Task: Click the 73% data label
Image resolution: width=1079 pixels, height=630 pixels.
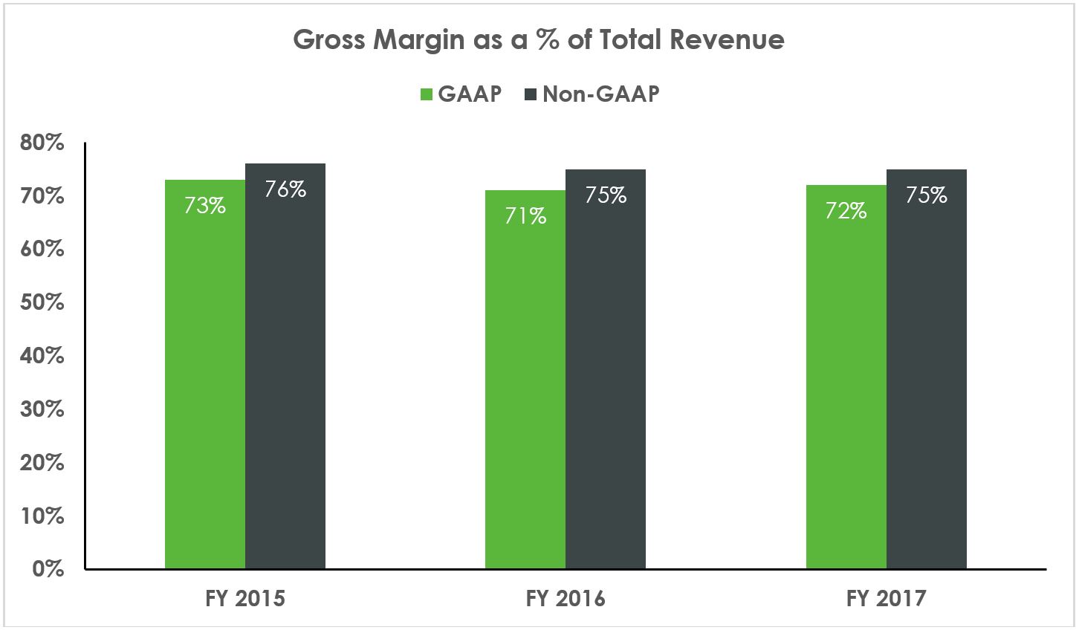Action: coord(205,206)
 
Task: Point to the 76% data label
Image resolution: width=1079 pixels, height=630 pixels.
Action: coord(285,189)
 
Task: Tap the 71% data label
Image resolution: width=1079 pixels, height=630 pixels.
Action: coord(525,216)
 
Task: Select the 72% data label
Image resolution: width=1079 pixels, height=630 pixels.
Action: coord(846,211)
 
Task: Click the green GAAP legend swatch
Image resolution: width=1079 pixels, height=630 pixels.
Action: coord(427,95)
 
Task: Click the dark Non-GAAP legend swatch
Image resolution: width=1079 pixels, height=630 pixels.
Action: coord(531,95)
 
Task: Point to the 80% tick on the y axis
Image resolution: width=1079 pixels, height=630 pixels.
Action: coord(42,143)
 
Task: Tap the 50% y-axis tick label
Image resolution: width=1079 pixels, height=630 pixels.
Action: coord(42,302)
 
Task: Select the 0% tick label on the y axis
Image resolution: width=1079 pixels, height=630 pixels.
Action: coord(48,569)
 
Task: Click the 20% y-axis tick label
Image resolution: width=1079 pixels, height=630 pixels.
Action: coord(42,462)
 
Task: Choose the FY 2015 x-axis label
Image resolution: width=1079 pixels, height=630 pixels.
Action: coord(245,599)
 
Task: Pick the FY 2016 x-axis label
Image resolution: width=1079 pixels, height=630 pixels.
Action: coord(566,599)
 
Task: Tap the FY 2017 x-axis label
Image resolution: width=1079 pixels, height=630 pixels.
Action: coord(887,599)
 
